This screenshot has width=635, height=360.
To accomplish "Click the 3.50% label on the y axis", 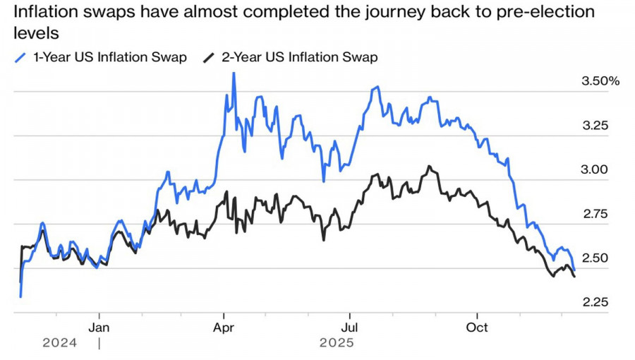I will pos(600,81).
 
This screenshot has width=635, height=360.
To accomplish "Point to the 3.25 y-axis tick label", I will pos(594,126).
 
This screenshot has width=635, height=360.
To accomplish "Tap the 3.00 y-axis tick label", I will pos(594,169).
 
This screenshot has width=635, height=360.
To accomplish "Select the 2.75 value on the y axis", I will pos(594,214).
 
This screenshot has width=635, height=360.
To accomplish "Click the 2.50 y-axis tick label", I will pos(594,258).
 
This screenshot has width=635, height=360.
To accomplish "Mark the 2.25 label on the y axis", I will pos(594,302).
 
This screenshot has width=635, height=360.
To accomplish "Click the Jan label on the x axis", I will pos(99,328).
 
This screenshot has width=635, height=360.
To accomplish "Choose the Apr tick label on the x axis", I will pos(224,328).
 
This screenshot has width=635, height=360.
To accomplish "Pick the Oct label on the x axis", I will pos(478,328).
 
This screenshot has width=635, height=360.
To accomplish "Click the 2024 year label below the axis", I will pos(60,343).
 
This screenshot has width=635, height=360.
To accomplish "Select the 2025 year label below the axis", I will pos(337,343).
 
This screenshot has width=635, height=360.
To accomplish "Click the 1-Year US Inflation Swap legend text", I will pos(109,58).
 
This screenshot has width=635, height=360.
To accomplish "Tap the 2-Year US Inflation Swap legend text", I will pos(300,58).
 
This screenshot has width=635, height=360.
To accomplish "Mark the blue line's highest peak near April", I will pos(234,73).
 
